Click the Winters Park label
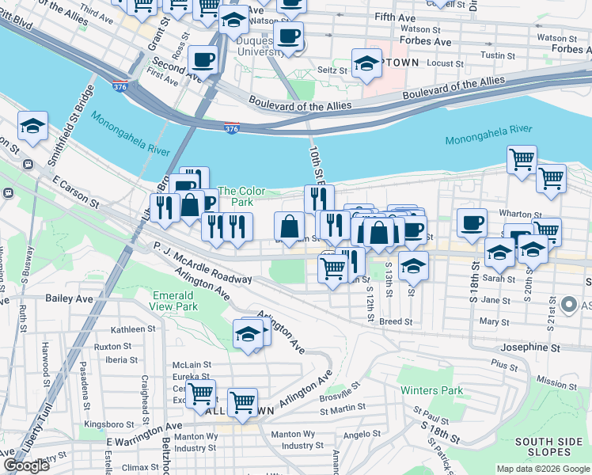[x=431, y=390]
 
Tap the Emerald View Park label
[x=175, y=301]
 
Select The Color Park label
[x=241, y=196]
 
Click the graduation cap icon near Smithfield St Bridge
[x=33, y=126]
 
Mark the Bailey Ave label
[x=24, y=298]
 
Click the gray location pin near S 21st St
[x=567, y=304]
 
